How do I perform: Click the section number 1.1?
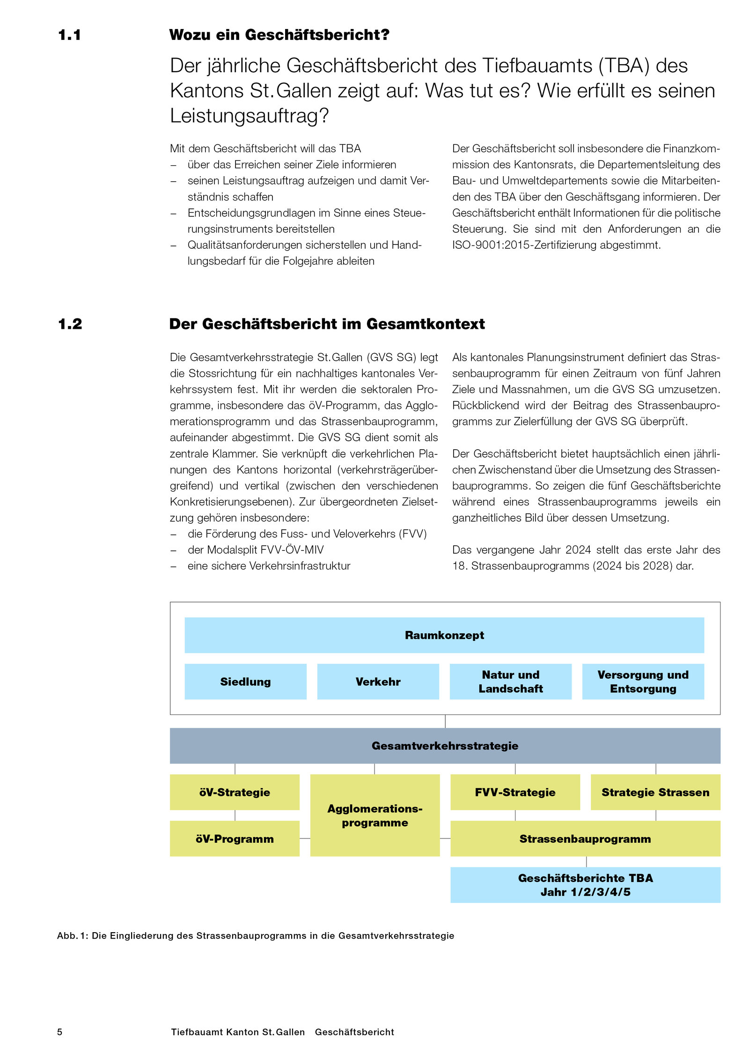pos(69,35)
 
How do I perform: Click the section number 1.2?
pos(70,324)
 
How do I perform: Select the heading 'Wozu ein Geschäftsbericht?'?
pos(279,35)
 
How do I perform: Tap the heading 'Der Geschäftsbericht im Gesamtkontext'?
pos(327,324)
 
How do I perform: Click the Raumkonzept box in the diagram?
pos(444,635)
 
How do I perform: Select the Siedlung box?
pos(245,682)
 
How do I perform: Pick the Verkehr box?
pos(378,682)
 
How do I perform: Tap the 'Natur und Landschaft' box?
pos(510,682)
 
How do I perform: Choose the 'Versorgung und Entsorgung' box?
pos(643,682)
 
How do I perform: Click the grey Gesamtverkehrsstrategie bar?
pos(445,746)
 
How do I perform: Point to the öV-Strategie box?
pos(235,792)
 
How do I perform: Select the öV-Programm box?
pos(235,838)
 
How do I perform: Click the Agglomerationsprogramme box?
pos(374,815)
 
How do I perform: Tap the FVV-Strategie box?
pos(515,792)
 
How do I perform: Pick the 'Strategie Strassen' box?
pos(655,792)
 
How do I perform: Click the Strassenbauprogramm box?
pos(585,838)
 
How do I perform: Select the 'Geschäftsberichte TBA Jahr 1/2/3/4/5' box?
pos(585,885)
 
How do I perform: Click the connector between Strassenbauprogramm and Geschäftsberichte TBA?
pos(586,862)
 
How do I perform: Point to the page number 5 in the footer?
pos(59,1032)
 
